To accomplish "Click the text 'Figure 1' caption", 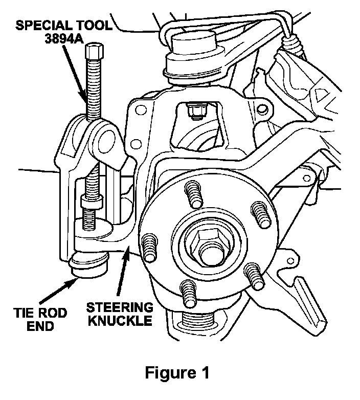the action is click(177, 373).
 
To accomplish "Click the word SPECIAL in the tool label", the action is click(39, 25).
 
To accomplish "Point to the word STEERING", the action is click(120, 307).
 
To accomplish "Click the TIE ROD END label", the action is click(40, 319).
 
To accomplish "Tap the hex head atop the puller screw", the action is click(95, 51).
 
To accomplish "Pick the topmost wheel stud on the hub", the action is click(194, 193).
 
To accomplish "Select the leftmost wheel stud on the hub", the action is click(149, 248).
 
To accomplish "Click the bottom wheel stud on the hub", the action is click(188, 294).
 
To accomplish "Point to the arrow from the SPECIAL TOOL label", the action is click(75, 75).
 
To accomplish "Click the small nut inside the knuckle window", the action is click(196, 112).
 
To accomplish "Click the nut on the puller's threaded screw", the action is click(92, 201).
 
